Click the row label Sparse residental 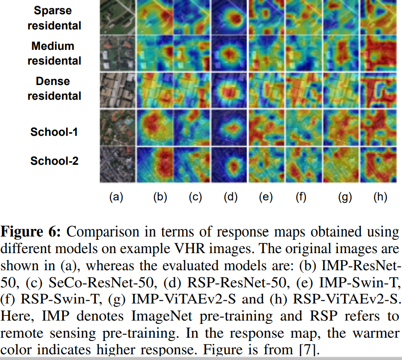point(54,18)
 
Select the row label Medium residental point(54,53)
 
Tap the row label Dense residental point(54,88)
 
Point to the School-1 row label point(54,132)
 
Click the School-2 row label point(54,161)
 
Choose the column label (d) point(230,197)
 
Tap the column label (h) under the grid point(380,197)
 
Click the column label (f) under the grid point(301,197)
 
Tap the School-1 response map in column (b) point(155,127)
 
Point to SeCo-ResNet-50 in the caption point(103,284)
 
